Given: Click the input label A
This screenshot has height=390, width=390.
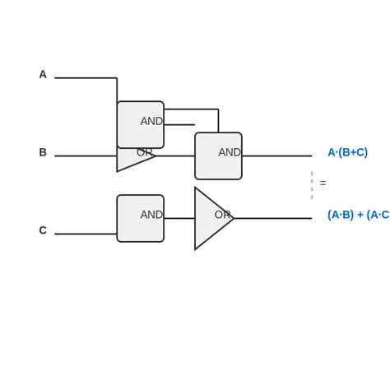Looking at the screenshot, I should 43,75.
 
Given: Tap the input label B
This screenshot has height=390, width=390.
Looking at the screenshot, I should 43,152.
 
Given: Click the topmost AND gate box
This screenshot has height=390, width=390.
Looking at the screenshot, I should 140,124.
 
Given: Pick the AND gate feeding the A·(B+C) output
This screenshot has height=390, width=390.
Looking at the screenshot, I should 218,156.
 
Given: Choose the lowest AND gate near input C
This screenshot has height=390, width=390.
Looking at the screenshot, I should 140,218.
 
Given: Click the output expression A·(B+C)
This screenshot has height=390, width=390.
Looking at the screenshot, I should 347,152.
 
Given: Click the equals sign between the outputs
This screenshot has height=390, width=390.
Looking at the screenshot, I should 323,183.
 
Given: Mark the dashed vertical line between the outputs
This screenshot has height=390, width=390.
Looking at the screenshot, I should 312,185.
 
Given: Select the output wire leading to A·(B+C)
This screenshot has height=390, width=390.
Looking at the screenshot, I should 276,156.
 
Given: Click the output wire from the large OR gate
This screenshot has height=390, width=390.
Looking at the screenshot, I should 273,218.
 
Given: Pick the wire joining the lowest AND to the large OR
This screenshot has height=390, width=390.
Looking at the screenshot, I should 179,218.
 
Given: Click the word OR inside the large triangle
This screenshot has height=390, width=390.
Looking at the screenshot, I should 222,215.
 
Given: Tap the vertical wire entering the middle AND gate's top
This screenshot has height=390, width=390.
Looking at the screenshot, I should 218,120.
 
